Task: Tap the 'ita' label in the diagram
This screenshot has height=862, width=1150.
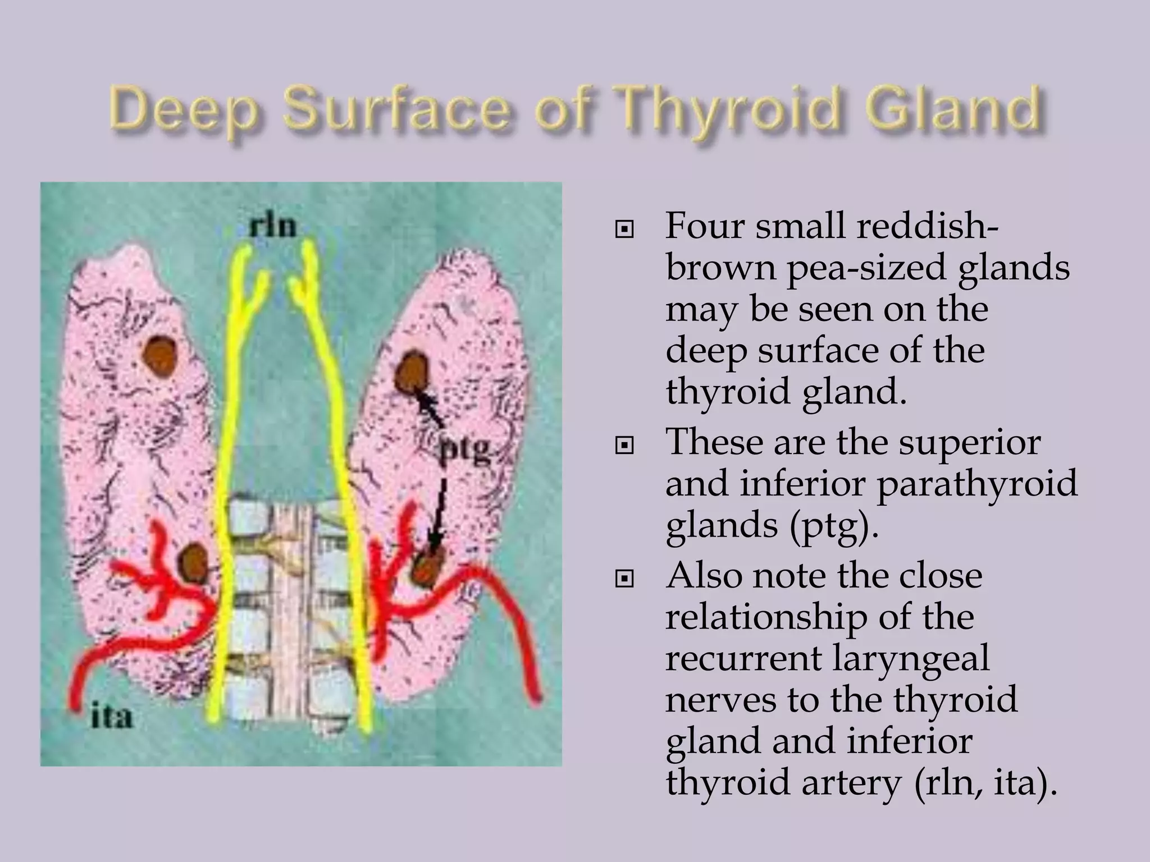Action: [x=112, y=717]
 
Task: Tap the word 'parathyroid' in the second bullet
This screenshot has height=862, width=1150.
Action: [x=977, y=484]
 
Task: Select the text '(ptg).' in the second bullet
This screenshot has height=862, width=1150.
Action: [x=834, y=526]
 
